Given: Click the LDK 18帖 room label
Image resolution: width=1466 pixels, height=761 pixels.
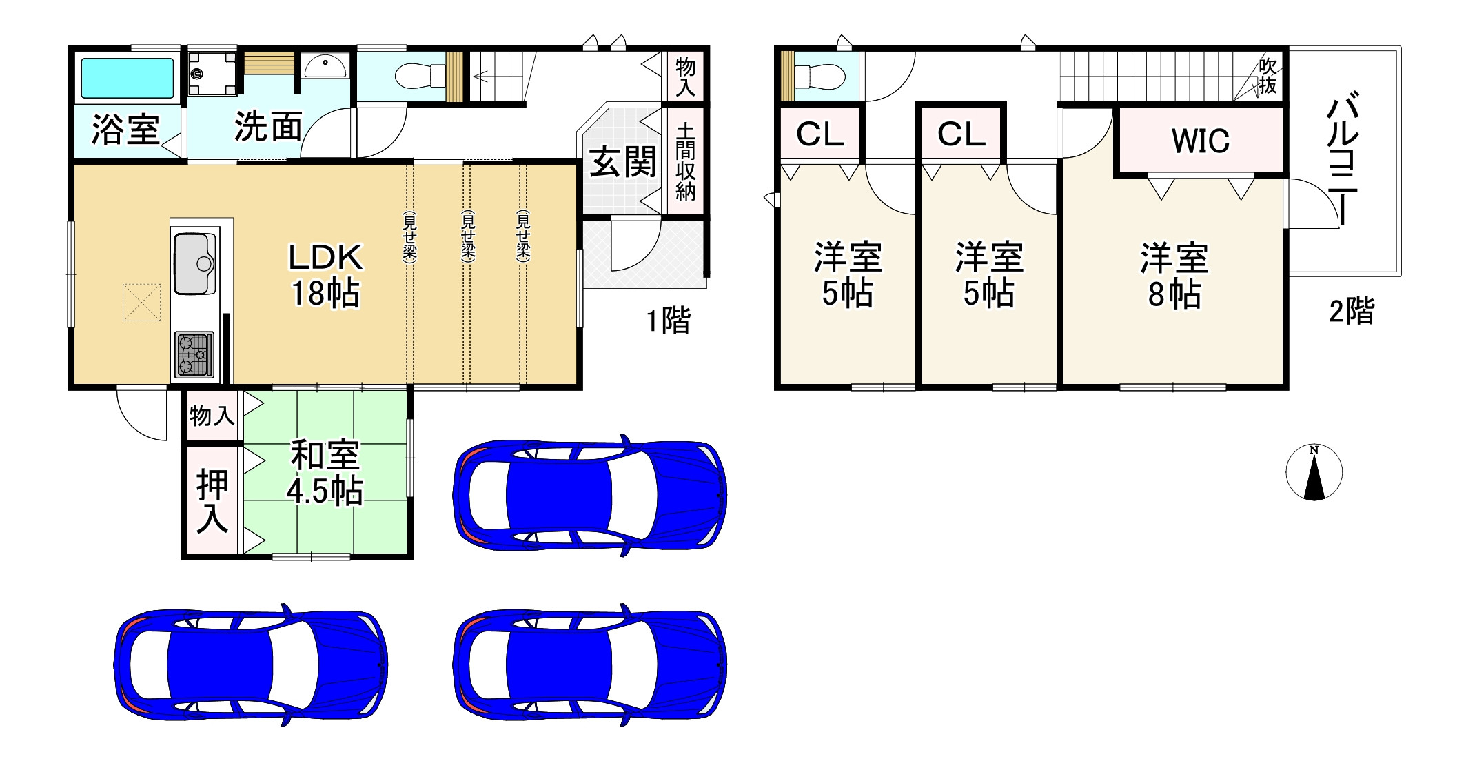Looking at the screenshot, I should [x=325, y=275].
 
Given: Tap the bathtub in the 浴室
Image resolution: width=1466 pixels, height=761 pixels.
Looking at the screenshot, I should [x=128, y=78].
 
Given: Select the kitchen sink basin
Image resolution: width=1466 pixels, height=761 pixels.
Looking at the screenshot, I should [x=194, y=264].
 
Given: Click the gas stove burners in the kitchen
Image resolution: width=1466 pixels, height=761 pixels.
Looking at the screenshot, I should [x=194, y=354].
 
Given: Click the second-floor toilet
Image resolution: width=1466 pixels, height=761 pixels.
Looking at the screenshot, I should [x=819, y=76].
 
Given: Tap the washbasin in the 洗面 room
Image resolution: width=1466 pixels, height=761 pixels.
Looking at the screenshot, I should [x=325, y=67].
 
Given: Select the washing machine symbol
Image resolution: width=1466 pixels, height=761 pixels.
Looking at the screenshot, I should [x=212, y=73].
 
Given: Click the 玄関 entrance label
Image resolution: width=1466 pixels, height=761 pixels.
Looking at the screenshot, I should [x=622, y=163].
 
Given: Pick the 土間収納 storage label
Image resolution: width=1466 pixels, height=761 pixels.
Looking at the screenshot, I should [x=685, y=161].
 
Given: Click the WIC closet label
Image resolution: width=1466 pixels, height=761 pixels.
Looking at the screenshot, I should [x=1200, y=141].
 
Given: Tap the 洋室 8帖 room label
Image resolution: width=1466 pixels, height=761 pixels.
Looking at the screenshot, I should [x=1174, y=275].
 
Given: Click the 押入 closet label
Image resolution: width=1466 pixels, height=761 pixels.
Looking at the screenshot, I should [x=212, y=500].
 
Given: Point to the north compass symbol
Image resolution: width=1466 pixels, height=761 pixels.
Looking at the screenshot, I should [x=1314, y=473].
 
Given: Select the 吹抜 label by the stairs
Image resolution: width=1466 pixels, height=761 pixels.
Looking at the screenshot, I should [x=1267, y=76].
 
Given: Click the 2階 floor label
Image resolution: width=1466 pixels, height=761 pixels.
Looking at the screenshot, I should [x=1351, y=311].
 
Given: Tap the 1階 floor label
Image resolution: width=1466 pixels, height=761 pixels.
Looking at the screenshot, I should [x=667, y=321].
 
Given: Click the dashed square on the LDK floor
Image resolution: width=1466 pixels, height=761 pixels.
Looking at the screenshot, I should [x=141, y=302].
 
